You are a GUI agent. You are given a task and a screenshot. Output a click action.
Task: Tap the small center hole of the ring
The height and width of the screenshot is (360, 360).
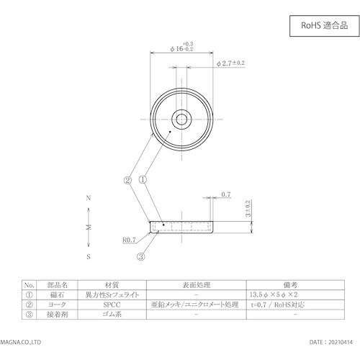tap(181, 117)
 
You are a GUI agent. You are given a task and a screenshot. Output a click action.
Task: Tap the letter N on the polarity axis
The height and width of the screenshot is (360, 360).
tap(88, 197)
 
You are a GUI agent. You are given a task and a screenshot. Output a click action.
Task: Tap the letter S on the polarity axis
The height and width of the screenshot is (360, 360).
tap(88, 256)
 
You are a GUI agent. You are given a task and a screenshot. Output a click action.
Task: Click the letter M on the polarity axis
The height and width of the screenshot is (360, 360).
tap(88, 226)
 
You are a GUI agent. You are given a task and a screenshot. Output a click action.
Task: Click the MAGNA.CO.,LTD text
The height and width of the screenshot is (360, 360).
tap(25, 344)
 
